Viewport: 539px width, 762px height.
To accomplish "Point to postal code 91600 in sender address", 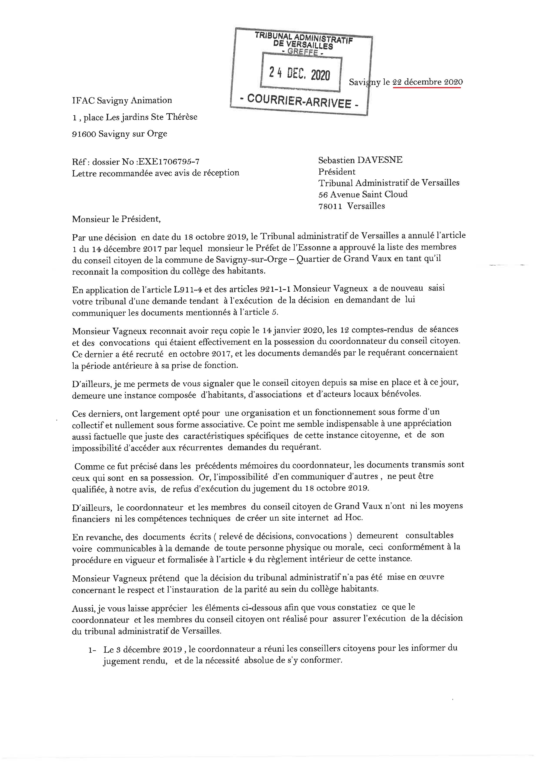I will tap(84, 134).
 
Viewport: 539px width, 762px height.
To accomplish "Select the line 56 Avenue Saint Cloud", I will tap(363, 194).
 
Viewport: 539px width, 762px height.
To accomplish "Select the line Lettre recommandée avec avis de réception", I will tap(156, 173).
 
